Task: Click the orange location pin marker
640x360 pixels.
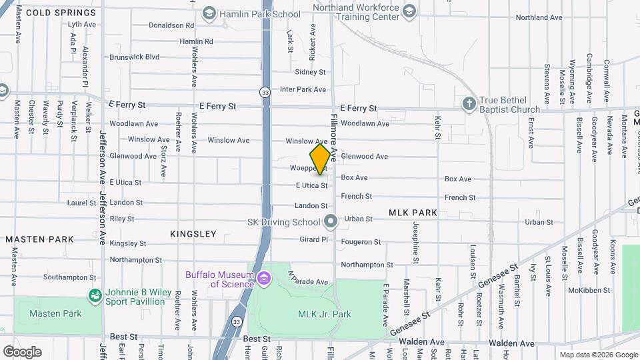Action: coord(321,159)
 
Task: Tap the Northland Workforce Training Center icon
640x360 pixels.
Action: coord(409,11)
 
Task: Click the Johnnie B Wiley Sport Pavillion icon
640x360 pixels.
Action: coord(95,295)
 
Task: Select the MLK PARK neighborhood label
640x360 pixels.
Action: coord(413,213)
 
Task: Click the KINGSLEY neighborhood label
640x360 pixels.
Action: coord(193,234)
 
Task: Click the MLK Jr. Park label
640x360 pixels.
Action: coord(324,314)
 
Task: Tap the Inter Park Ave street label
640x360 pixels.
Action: coord(303,89)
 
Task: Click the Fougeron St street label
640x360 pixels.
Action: coord(361,242)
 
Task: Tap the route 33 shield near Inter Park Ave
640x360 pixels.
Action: coord(265,91)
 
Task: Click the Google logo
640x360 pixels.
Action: coord(22,351)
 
